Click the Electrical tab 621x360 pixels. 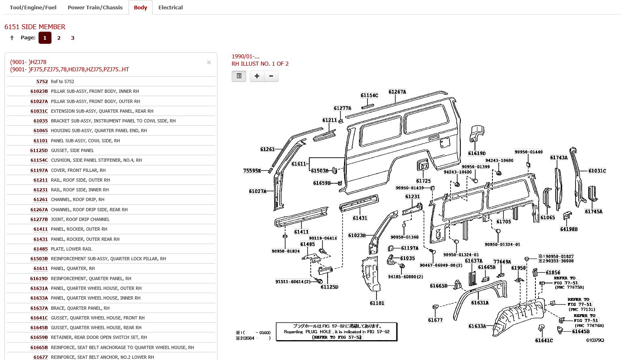(170, 7)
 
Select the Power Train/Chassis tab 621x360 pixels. (95, 7)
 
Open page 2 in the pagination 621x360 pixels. (59, 38)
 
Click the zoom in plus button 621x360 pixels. (257, 76)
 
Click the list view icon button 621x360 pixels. (239, 76)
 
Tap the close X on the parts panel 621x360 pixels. (209, 62)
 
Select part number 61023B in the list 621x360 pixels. (39, 91)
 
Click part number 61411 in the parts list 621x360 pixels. (41, 229)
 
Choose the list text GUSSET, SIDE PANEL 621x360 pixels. (72, 150)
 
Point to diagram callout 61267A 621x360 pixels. (397, 92)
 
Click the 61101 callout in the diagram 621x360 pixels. (377, 303)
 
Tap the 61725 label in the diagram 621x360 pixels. (423, 181)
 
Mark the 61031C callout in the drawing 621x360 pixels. (597, 171)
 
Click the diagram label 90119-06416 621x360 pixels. (323, 238)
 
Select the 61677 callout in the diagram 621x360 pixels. (435, 320)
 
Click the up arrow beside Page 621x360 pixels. (12, 38)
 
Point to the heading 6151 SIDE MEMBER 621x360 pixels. (35, 27)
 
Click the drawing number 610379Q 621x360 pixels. (595, 340)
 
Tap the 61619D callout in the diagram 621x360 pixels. (477, 153)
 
